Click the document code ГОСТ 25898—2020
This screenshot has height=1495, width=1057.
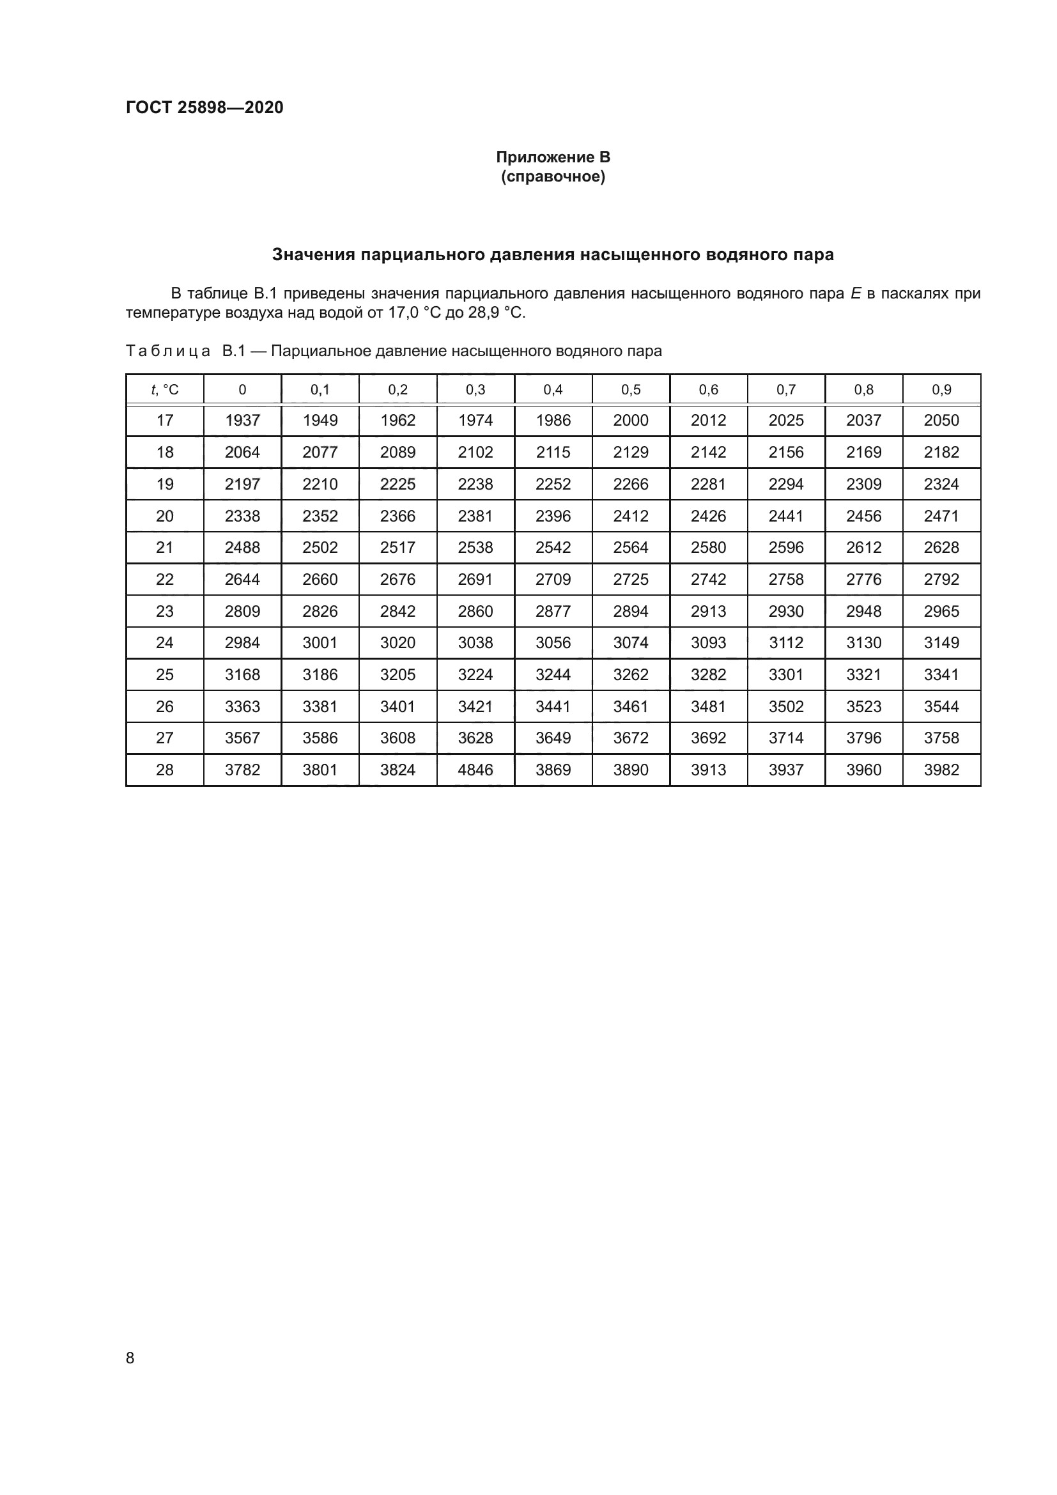[x=204, y=107]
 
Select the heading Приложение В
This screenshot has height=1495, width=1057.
[x=553, y=157]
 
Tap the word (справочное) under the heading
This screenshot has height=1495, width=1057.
[x=553, y=176]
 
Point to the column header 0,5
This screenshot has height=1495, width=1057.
[x=631, y=389]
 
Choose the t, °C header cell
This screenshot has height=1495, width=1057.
[x=165, y=389]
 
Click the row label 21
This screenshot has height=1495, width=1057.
[x=165, y=548]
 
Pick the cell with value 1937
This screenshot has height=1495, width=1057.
[x=242, y=421]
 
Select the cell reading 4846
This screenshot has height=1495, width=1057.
[x=475, y=770]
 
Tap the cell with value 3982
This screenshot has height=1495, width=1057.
[x=941, y=770]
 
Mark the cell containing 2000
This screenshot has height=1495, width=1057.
[x=631, y=421]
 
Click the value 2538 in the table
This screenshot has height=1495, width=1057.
[x=475, y=548]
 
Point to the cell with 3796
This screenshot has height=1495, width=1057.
[x=864, y=738]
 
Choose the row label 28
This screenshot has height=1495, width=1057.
[x=165, y=770]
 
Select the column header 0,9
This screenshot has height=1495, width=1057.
[x=941, y=389]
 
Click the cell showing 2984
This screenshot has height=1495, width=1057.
[x=242, y=642]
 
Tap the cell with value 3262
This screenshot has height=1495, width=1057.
[x=631, y=674]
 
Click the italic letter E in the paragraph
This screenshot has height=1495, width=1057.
[x=856, y=293]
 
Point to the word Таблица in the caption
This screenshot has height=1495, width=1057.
[x=168, y=351]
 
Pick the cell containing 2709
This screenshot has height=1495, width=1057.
[x=553, y=580]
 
